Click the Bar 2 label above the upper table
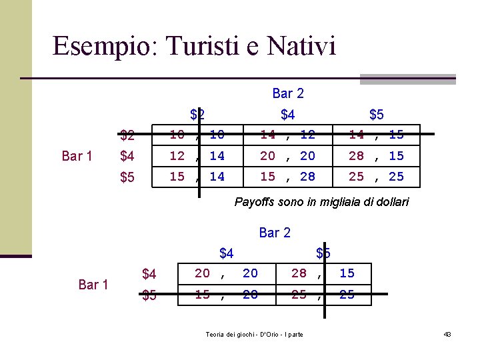click(288, 94)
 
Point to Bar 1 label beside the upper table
click(77, 156)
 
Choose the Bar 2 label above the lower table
click(275, 233)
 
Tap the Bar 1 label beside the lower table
click(93, 285)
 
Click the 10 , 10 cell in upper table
click(197, 135)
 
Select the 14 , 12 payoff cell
click(287, 135)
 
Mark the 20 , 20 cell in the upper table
click(287, 156)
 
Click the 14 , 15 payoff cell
click(377, 135)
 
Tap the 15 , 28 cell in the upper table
click(287, 177)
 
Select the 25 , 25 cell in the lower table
click(323, 294)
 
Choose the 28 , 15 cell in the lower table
click(323, 273)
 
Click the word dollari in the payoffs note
click(391, 202)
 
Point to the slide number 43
click(447, 334)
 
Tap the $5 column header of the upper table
click(377, 115)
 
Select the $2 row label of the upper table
click(127, 136)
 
